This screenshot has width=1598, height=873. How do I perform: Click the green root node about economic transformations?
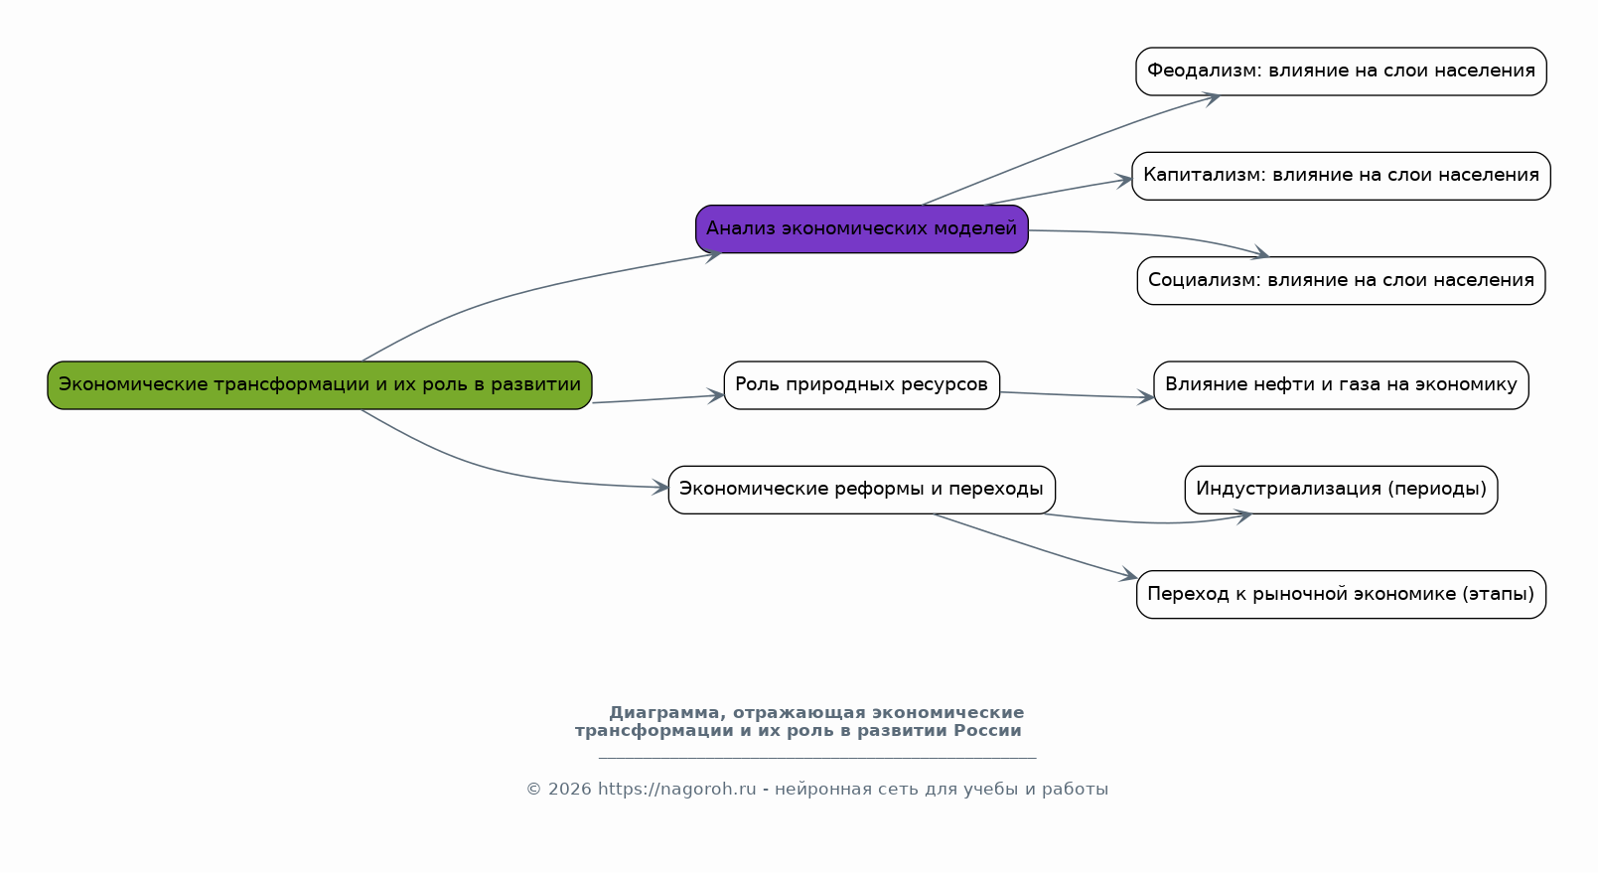click(x=319, y=385)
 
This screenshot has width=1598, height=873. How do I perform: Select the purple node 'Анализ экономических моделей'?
click(x=861, y=229)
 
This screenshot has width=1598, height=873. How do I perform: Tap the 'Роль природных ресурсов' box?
click(x=861, y=385)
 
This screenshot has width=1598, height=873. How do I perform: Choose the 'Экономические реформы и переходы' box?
click(x=861, y=490)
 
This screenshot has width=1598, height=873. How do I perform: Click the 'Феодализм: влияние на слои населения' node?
click(x=1341, y=72)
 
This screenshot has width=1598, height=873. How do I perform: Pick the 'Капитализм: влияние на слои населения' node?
click(x=1341, y=176)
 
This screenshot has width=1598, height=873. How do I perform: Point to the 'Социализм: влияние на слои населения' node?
click(x=1341, y=281)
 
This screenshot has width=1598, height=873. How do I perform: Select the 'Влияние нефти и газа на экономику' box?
click(x=1341, y=385)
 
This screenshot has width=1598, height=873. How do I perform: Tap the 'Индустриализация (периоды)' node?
click(x=1341, y=490)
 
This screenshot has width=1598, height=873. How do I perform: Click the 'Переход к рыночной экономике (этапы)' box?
click(x=1341, y=595)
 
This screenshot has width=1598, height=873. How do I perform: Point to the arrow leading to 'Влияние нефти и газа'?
click(x=1077, y=395)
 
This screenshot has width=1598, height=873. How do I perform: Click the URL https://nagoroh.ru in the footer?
click(x=676, y=790)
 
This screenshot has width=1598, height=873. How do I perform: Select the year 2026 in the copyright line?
click(x=569, y=790)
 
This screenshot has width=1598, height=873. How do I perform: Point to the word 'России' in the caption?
click(x=987, y=731)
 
